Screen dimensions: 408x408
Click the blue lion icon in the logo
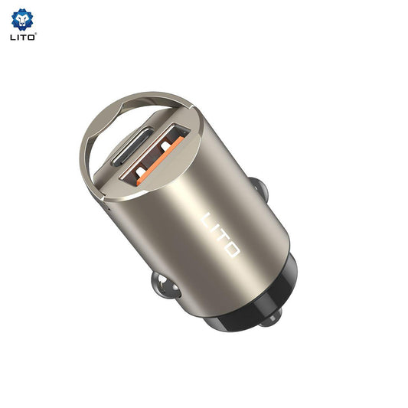[22, 18]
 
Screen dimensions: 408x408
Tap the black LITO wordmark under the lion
[22, 36]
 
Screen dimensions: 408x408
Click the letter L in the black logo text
[13, 36]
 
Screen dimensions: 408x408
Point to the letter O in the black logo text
[31, 36]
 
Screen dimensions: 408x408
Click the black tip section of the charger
[253, 302]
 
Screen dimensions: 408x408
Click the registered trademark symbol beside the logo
[35, 34]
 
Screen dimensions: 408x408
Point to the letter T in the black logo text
[23, 36]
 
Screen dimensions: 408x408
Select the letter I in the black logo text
[18, 36]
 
